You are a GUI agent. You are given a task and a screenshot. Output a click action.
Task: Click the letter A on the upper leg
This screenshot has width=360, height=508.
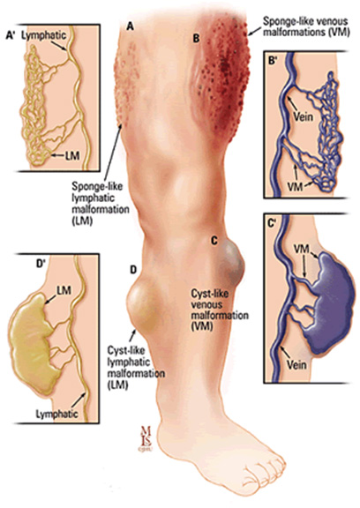(x=130, y=26)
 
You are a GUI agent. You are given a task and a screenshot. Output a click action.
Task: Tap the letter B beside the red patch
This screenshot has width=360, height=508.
(x=197, y=39)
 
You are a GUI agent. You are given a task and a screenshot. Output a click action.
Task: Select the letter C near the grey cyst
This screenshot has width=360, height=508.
(x=214, y=241)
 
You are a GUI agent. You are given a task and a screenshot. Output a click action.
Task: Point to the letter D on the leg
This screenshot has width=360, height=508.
(x=133, y=270)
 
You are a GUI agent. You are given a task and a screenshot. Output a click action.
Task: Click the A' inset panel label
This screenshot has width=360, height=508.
(x=11, y=35)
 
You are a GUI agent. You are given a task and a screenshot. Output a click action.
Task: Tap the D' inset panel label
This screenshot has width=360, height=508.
(x=40, y=265)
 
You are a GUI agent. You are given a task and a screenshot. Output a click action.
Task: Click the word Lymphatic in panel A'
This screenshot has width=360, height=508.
(x=43, y=35)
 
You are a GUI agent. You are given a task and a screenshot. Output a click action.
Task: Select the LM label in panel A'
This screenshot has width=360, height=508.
(x=72, y=155)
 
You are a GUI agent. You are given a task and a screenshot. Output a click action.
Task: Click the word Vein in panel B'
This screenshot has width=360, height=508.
(x=304, y=116)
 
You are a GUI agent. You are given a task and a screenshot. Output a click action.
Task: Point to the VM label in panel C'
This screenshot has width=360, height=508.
(x=301, y=249)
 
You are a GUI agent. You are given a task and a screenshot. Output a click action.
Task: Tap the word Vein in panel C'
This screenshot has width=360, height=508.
(x=296, y=365)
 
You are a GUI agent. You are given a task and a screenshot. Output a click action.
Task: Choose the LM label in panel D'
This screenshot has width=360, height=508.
(x=64, y=290)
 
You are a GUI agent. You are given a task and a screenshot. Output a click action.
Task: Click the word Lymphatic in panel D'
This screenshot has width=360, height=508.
(x=56, y=414)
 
